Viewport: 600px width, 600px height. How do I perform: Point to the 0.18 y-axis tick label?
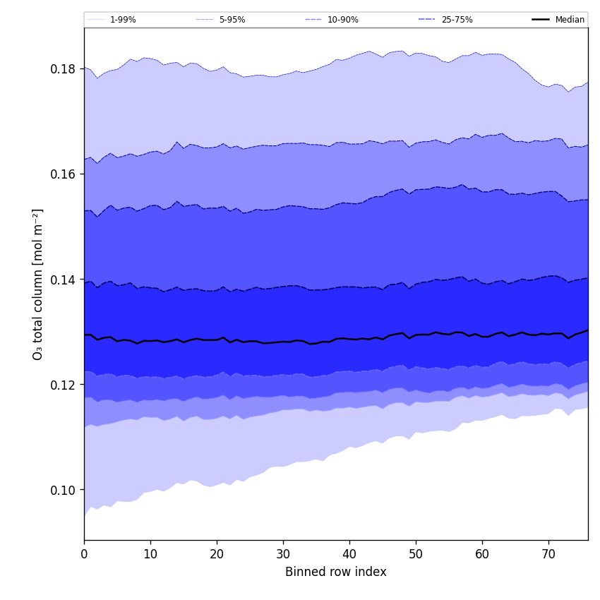[64, 69]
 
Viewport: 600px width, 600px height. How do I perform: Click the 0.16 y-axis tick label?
[64, 174]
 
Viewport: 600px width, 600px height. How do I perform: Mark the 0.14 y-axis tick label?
[64, 280]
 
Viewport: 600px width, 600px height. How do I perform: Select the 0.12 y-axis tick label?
[64, 385]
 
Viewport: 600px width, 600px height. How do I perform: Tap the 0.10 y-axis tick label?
[64, 490]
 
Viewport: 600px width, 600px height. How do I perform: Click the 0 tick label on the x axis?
[84, 555]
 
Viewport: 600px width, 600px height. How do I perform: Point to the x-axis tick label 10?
[150, 555]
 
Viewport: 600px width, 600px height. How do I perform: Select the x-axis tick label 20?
[217, 555]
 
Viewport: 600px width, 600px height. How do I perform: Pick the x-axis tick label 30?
[283, 555]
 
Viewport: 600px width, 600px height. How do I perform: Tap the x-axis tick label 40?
[349, 555]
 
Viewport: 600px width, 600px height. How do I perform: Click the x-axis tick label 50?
[416, 555]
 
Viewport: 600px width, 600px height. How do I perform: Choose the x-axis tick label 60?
[482, 555]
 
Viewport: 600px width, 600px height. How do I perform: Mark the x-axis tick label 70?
[548, 555]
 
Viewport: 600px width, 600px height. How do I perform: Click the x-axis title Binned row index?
[336, 572]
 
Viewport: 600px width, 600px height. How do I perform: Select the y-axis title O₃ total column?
[38, 284]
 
